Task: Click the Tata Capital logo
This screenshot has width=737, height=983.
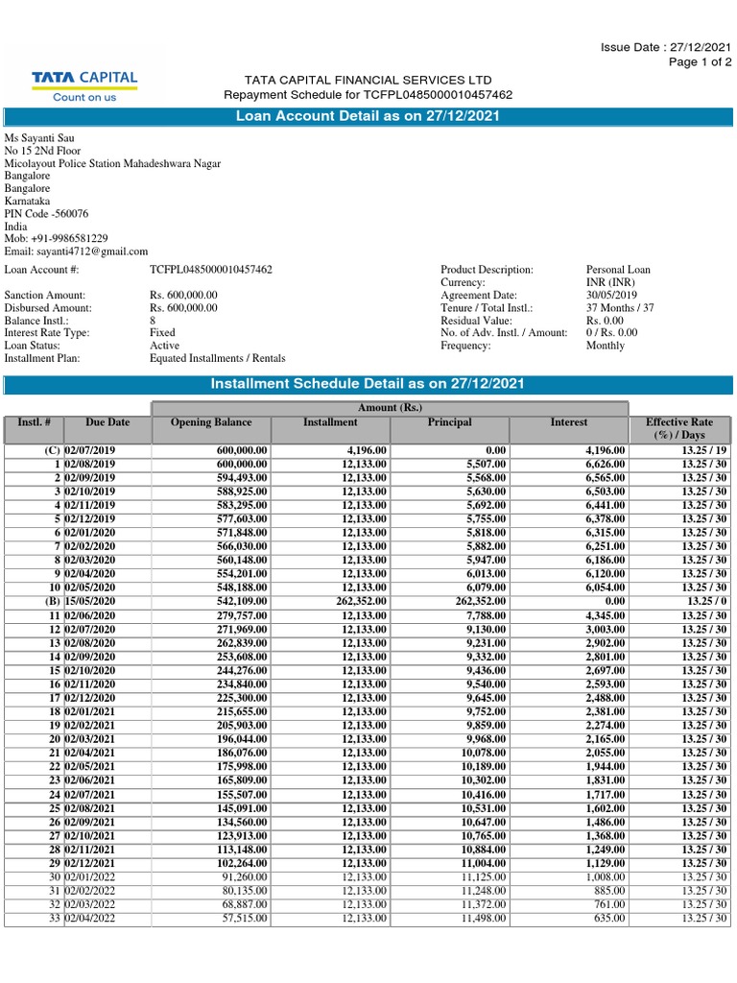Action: pyautogui.click(x=85, y=85)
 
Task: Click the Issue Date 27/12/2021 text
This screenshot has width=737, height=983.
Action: pyautogui.click(x=666, y=47)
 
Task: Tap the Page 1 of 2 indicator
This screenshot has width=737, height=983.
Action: pyautogui.click(x=701, y=61)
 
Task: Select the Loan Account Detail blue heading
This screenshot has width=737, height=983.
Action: pyautogui.click(x=368, y=116)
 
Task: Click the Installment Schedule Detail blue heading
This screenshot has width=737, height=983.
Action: pyautogui.click(x=368, y=384)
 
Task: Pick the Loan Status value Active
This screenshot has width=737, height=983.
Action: pyautogui.click(x=165, y=345)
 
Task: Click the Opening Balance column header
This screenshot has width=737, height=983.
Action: pyautogui.click(x=211, y=422)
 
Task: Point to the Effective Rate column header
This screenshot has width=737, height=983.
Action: pyautogui.click(x=679, y=428)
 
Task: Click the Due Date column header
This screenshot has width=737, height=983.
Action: pyautogui.click(x=107, y=422)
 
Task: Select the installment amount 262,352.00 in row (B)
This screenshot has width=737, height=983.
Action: pyautogui.click(x=362, y=600)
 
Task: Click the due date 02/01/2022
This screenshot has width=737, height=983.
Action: pyautogui.click(x=89, y=877)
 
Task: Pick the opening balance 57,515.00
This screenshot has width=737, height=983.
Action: pyautogui.click(x=245, y=919)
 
